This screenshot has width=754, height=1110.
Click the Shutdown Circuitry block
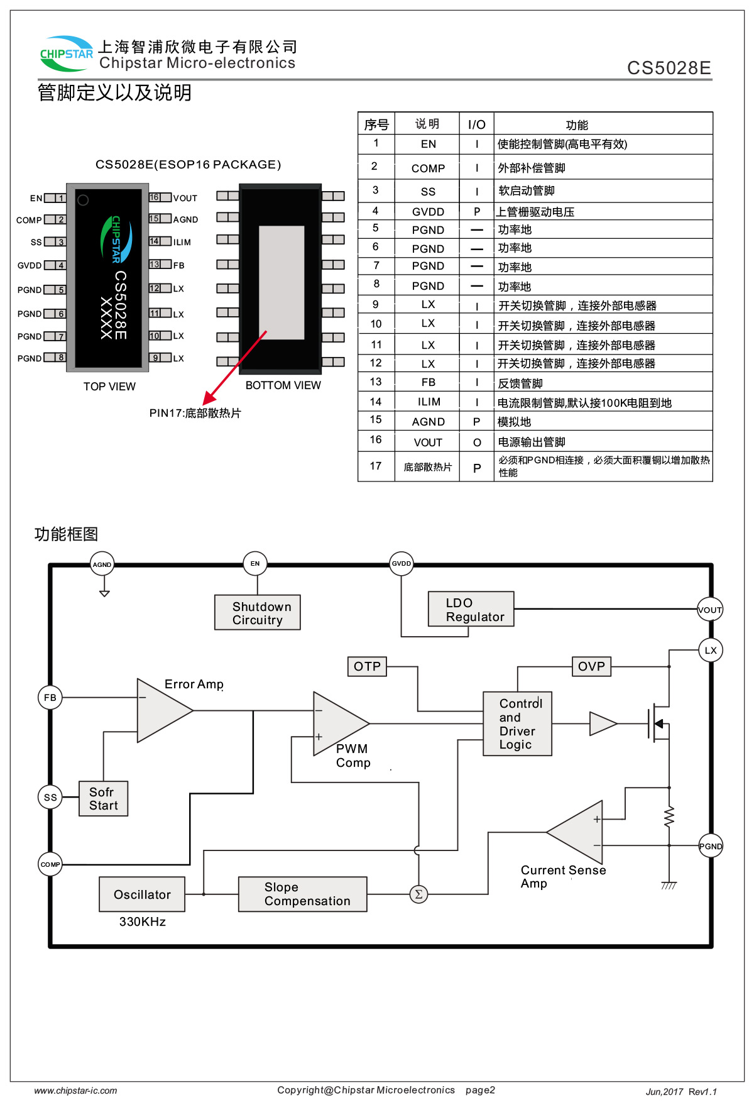(x=257, y=612)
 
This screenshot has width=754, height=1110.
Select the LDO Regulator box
(x=471, y=609)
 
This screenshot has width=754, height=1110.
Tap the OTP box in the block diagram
(x=367, y=666)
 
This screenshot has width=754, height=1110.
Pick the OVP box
(x=591, y=666)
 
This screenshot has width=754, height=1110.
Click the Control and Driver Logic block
(x=517, y=723)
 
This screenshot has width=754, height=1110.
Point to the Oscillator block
(x=142, y=894)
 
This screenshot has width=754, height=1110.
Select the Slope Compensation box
(x=302, y=894)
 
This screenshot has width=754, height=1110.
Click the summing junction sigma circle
(x=418, y=894)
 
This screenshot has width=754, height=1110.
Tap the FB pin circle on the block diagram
(x=50, y=697)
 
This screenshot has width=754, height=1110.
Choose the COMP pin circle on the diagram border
(x=50, y=864)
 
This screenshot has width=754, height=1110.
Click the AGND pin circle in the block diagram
(x=102, y=564)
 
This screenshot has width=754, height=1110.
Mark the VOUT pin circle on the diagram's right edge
(x=710, y=610)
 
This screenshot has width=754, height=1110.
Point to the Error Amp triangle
(x=161, y=710)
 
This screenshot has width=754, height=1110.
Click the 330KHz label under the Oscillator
(x=143, y=921)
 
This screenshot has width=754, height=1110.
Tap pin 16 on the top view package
(x=155, y=197)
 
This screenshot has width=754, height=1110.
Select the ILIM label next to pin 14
(x=182, y=242)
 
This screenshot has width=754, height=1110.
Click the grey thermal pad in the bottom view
(x=281, y=282)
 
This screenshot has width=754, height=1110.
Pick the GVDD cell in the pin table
(x=428, y=212)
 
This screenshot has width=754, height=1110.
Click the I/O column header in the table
(x=476, y=124)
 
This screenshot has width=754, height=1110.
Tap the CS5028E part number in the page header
(x=669, y=68)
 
